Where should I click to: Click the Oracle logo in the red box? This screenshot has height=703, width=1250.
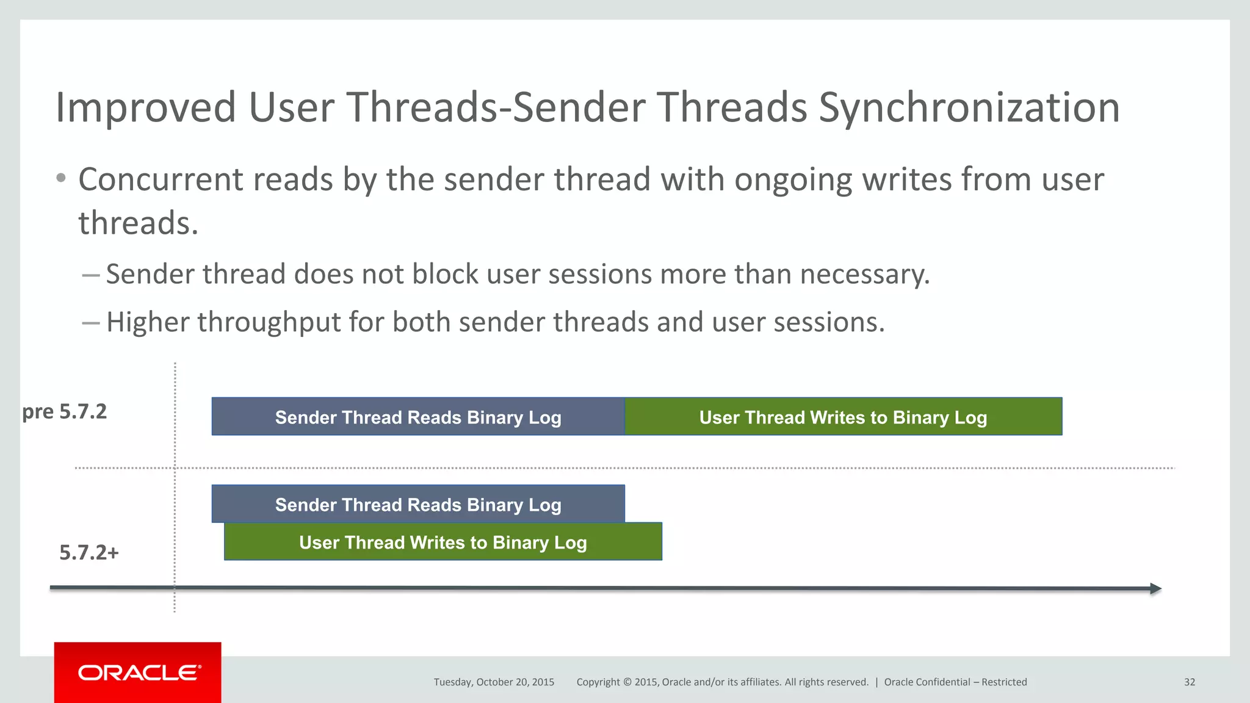(x=139, y=672)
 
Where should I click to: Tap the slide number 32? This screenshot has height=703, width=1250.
(x=1189, y=682)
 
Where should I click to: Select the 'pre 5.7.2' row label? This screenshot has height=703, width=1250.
(x=65, y=412)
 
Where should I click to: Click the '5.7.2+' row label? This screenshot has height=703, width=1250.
(x=89, y=553)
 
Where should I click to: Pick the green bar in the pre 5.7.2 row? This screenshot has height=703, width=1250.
(x=843, y=417)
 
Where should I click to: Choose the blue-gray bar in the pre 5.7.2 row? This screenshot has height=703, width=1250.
(x=418, y=417)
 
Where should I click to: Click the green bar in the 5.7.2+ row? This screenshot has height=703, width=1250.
(x=443, y=543)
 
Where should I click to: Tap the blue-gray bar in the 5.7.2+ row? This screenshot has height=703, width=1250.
(x=418, y=504)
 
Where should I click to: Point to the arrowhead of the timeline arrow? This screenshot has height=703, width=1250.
(x=1155, y=589)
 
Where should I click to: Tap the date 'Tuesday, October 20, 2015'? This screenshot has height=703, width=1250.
(x=494, y=682)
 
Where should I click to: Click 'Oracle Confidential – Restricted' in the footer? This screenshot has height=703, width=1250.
(x=955, y=682)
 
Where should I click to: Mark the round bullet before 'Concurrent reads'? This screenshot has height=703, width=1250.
(x=60, y=178)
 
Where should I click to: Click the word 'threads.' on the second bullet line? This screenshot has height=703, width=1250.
(x=139, y=223)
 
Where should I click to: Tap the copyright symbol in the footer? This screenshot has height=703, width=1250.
(x=627, y=682)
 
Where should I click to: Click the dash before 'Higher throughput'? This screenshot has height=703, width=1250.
(x=91, y=323)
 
